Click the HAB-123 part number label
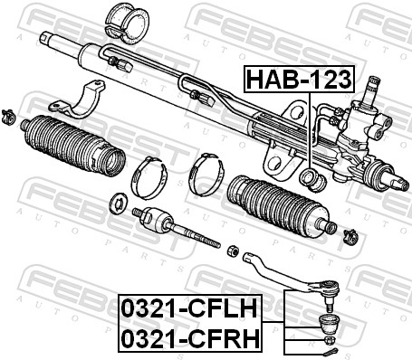click(300, 79)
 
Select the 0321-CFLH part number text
click(189, 308)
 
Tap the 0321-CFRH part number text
click(189, 338)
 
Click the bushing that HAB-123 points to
click(312, 180)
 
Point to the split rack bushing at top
click(127, 23)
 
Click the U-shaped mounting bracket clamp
click(78, 99)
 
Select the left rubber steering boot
click(74, 145)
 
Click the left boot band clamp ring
click(149, 177)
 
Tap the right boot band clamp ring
click(206, 174)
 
